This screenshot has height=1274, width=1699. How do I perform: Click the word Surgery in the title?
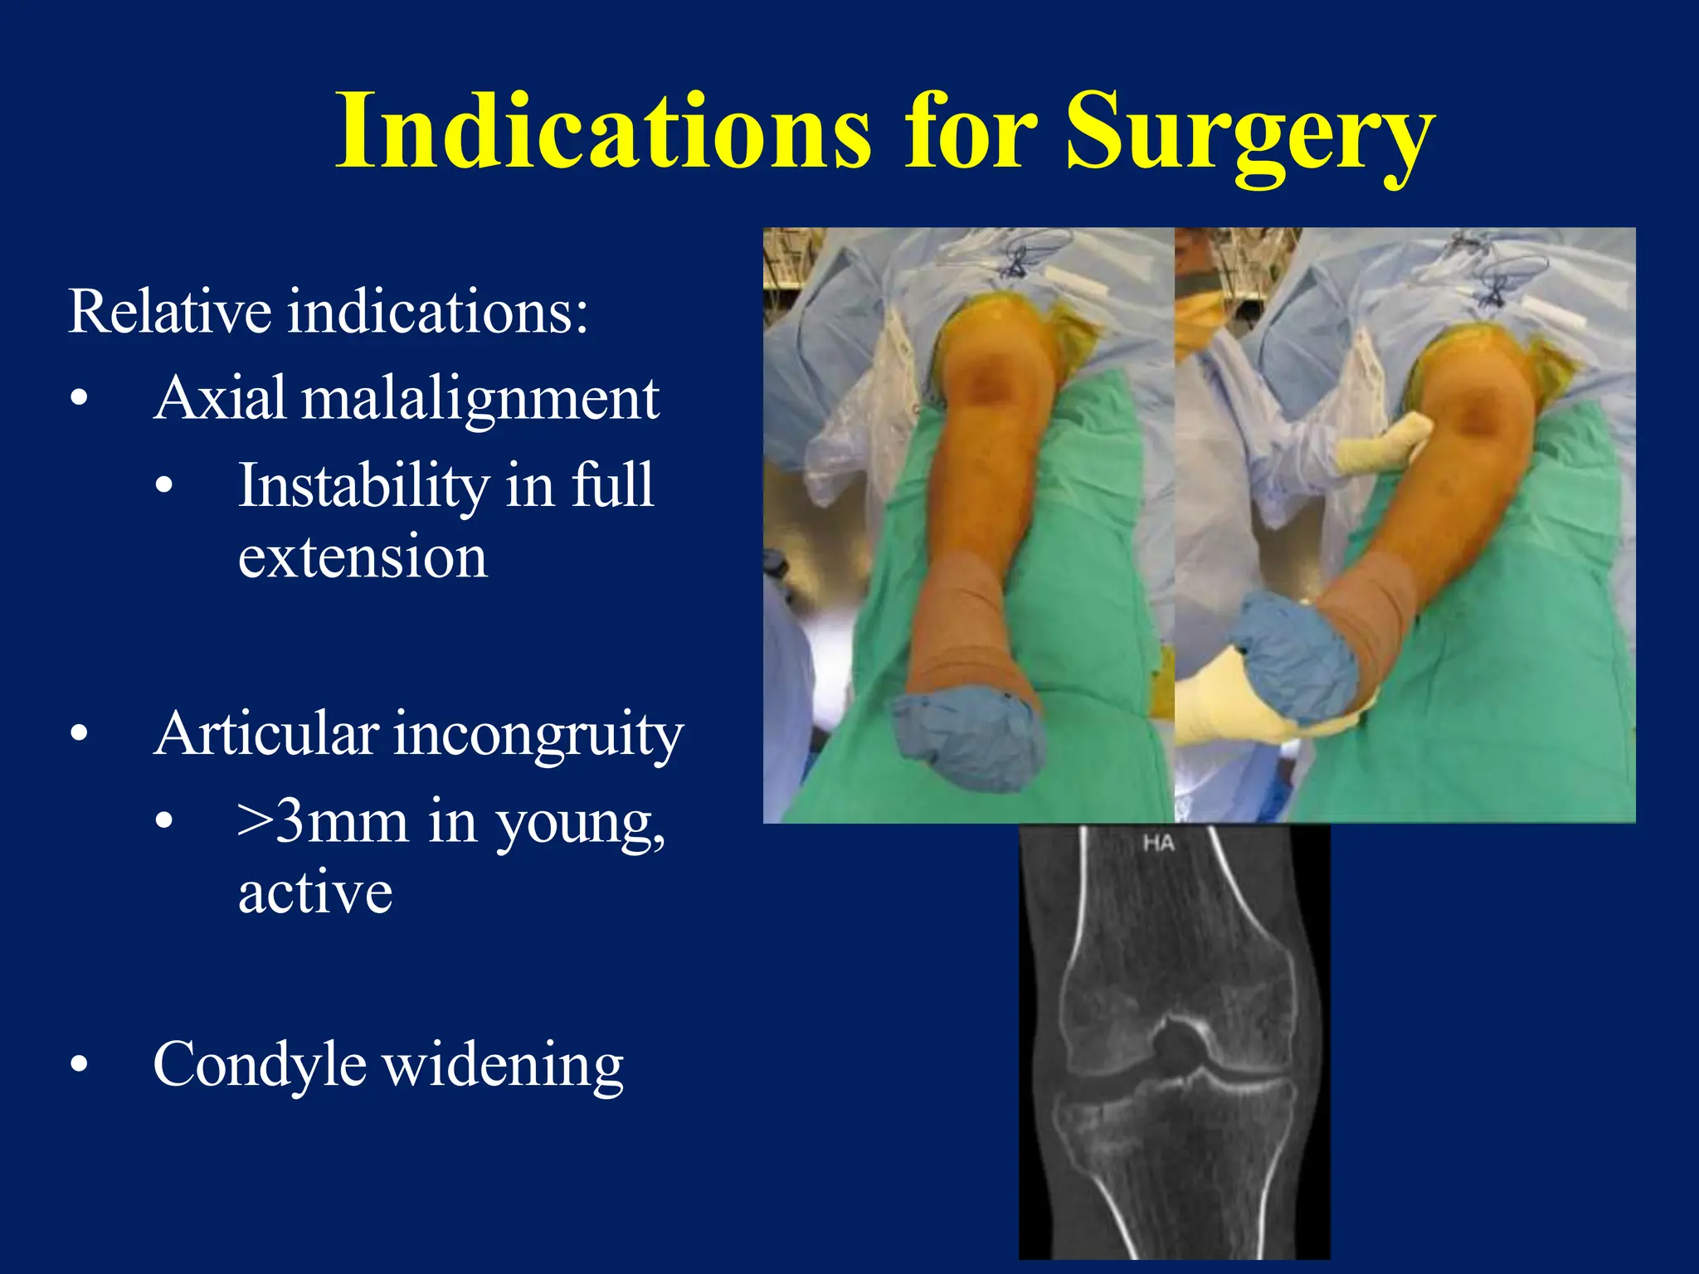pyautogui.click(x=1249, y=133)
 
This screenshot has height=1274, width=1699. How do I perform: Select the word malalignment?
pyautogui.click(x=480, y=399)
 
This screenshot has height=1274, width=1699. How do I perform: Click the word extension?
pyautogui.click(x=363, y=557)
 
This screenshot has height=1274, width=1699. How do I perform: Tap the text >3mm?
pyautogui.click(x=323, y=822)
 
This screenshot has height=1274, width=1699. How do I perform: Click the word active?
pyautogui.click(x=315, y=893)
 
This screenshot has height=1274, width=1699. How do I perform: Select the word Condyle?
pyautogui.click(x=260, y=1064)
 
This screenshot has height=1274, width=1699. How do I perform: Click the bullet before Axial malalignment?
pyautogui.click(x=80, y=399)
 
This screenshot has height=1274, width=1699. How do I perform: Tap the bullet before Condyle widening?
pyautogui.click(x=80, y=1065)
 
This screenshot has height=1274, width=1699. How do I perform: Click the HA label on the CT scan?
pyautogui.click(x=1158, y=844)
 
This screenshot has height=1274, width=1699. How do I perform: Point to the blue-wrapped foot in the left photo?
pyautogui.click(x=966, y=738)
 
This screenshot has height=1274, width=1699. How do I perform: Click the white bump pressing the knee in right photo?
pyautogui.click(x=1385, y=444)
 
